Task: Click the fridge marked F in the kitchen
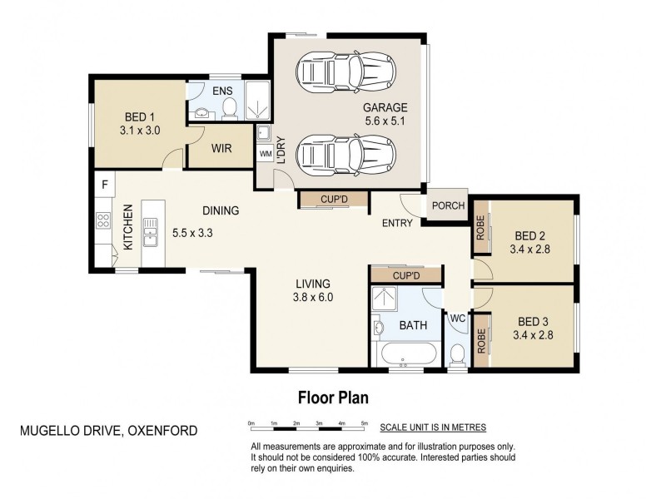105,184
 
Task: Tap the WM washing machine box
266,154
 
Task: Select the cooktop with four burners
103,220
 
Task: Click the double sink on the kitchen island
150,233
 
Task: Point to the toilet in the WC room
457,353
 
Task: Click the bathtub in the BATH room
409,354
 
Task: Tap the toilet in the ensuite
230,108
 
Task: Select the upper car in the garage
346,71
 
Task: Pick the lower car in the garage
346,154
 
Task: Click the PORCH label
448,205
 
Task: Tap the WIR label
221,149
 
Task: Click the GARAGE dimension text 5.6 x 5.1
385,121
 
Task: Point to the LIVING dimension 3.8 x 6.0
313,298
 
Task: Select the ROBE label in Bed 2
480,228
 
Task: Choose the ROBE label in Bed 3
481,341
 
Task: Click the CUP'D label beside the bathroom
406,276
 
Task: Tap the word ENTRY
397,223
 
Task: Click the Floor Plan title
333,398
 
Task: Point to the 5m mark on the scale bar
364,423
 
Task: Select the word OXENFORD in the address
162,431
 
